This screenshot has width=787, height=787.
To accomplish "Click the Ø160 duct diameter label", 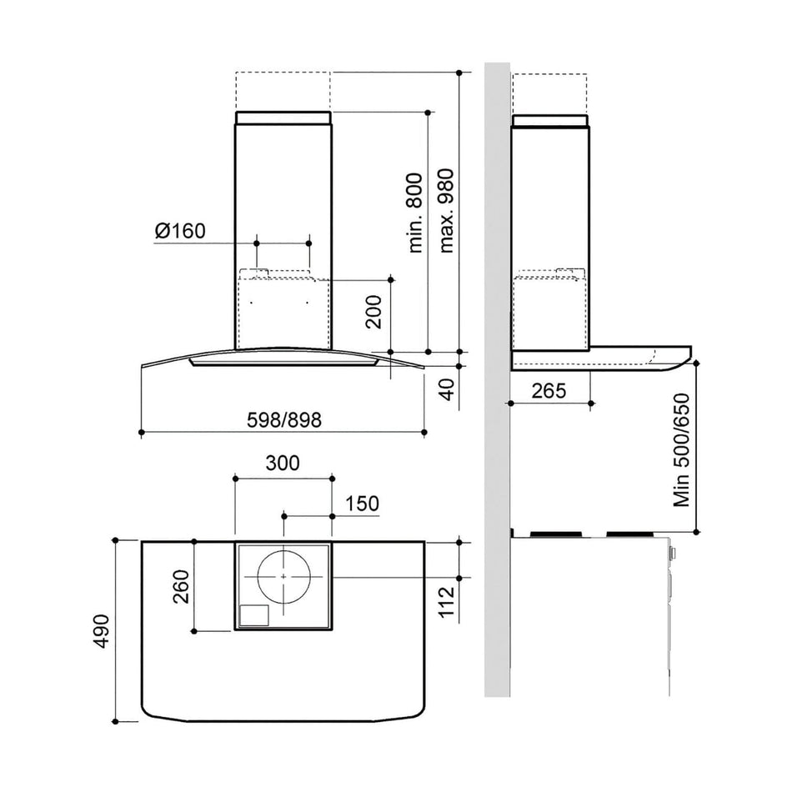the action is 180,231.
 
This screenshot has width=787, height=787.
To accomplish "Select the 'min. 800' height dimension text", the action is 415,213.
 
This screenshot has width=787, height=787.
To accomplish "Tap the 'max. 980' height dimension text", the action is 446,210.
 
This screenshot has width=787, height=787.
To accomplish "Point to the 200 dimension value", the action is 373,312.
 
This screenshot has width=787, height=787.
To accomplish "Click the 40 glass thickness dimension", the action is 446,389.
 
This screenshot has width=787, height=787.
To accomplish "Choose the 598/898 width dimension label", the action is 284,419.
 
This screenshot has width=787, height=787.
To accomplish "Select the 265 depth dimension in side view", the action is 549,390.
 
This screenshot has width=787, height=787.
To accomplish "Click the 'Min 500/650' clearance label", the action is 682,449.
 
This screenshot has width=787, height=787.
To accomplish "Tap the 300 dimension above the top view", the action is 283,463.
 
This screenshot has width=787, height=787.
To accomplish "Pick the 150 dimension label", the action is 362,504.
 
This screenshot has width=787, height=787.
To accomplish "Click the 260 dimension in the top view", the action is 181,586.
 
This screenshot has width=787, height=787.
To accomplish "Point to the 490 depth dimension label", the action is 102,631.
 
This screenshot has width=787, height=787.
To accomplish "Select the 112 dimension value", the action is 446,601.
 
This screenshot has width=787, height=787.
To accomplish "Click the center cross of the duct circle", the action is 283,577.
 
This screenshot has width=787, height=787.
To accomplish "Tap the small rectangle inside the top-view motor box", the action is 254,615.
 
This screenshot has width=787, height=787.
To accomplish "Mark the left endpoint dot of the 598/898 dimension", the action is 142,432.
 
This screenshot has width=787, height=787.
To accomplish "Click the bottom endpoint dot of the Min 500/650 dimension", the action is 696,531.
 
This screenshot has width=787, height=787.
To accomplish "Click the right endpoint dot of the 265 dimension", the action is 591,403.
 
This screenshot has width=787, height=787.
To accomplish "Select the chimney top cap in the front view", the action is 283,118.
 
